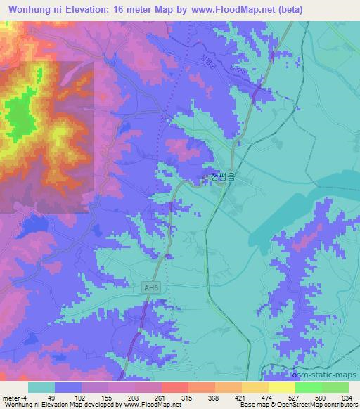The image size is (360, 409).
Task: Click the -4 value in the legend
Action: (25, 398)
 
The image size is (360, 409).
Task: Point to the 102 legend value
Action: (82, 398)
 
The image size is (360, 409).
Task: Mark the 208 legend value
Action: (135, 398)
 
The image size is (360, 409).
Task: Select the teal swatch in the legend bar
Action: (41, 387)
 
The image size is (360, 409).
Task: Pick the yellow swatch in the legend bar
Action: (281, 387)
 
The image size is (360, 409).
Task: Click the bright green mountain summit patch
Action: (21, 116)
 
